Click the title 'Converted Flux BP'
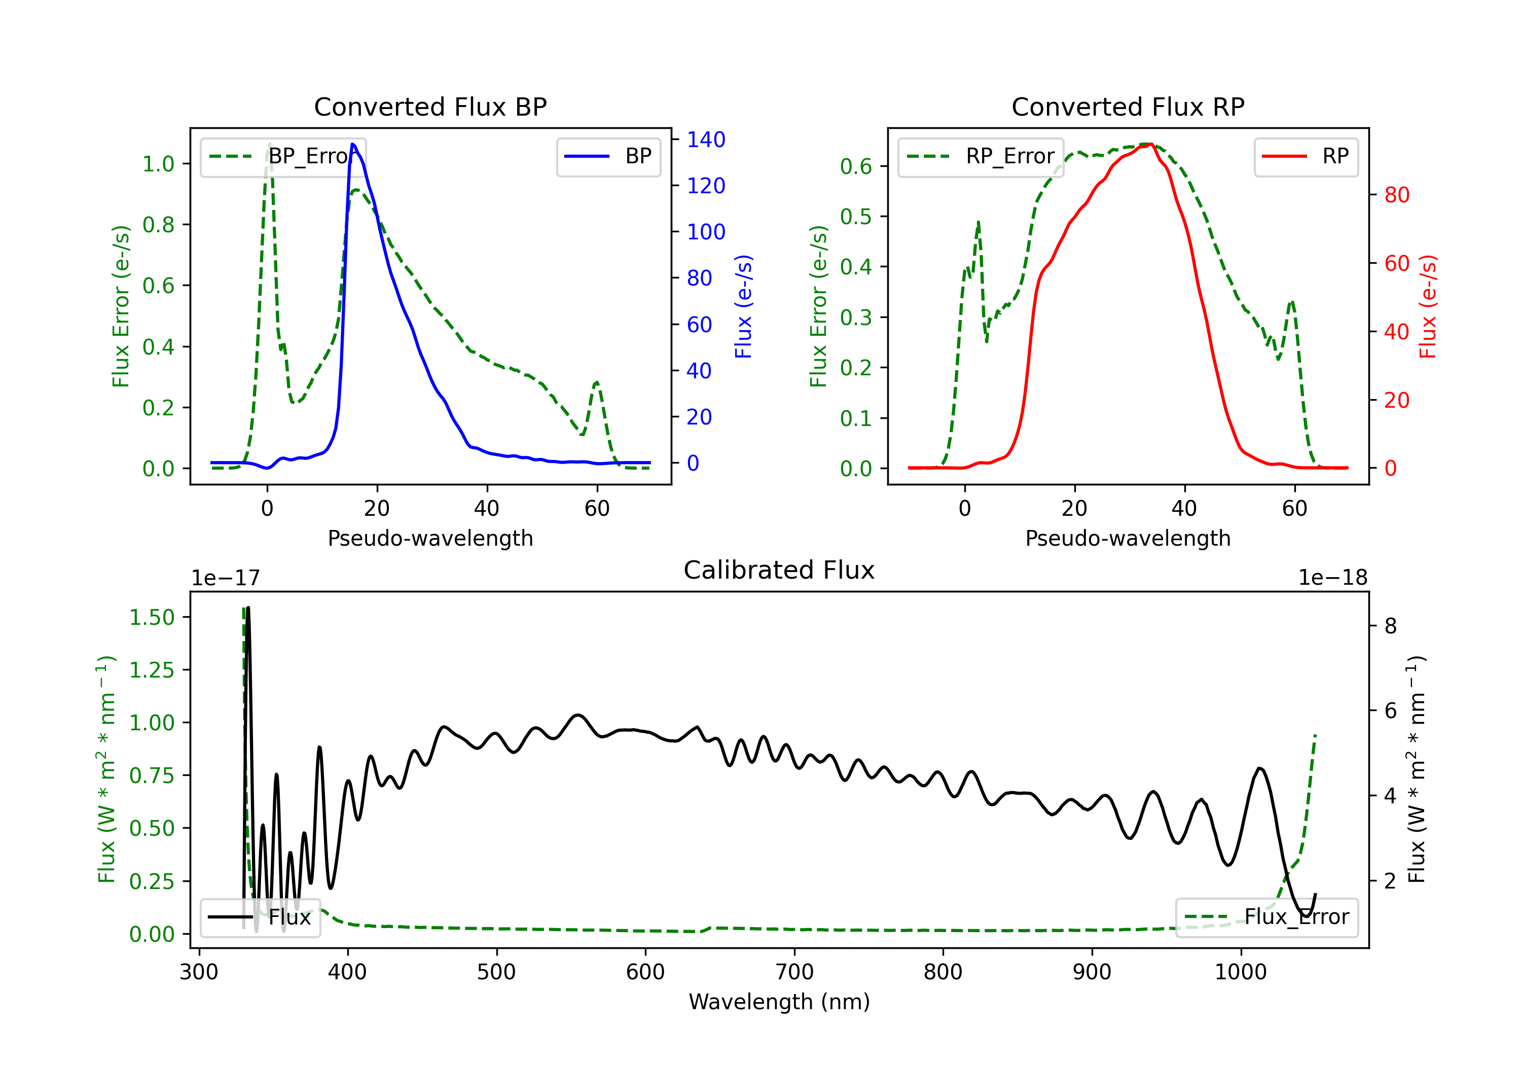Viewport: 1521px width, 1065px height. coord(430,106)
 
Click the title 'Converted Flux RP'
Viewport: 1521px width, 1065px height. coord(1128,106)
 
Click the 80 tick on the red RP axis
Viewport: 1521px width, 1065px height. coord(1396,195)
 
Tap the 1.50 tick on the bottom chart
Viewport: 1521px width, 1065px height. coord(152,618)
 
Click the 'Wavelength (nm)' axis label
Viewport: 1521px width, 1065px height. coord(779,1002)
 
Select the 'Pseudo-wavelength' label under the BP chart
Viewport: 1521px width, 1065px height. coord(430,538)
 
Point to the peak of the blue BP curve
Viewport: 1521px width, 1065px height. coord(352,145)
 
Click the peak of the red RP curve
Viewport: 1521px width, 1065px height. coord(1149,144)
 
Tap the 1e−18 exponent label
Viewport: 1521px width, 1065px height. coord(1332,578)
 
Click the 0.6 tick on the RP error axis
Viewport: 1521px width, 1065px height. coord(856,166)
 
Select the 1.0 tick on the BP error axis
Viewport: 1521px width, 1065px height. coord(158,164)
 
